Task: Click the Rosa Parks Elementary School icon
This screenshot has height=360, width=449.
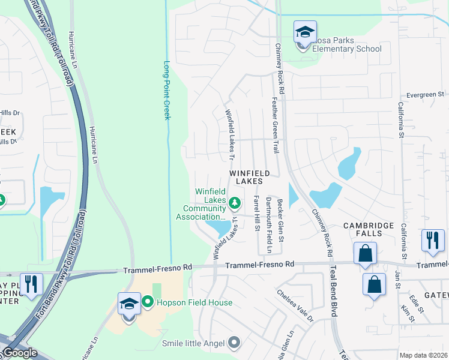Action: [x=305, y=32]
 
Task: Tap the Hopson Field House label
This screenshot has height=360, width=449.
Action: [x=194, y=302]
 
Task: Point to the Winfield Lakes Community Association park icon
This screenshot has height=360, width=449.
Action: [x=235, y=202]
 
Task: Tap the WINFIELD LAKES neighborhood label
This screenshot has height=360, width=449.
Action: [x=254, y=177]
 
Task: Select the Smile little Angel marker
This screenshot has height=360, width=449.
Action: [x=234, y=343]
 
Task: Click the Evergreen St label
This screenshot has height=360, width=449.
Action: [x=424, y=94]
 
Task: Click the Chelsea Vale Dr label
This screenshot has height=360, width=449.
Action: [x=295, y=306]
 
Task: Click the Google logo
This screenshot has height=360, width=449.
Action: [x=20, y=353]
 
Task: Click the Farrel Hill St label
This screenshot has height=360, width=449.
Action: [x=256, y=212]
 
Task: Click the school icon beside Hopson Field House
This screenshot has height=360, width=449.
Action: [x=129, y=304]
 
